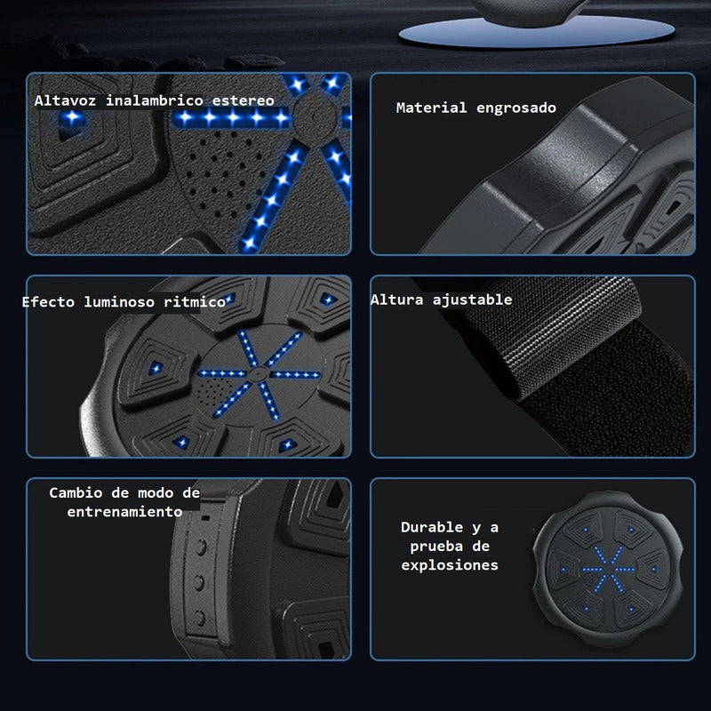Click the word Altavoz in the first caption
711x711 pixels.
click(x=65, y=100)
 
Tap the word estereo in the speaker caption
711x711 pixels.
click(x=243, y=100)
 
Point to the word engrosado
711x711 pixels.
click(x=516, y=108)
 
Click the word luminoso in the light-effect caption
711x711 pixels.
click(x=119, y=301)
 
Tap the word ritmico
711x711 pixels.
click(x=195, y=301)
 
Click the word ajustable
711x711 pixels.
click(x=472, y=300)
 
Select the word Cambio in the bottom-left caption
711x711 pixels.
click(x=76, y=492)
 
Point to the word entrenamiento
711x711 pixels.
click(x=124, y=512)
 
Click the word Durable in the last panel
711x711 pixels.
click(x=432, y=527)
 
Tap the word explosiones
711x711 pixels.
click(x=450, y=565)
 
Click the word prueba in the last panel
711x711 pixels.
click(x=436, y=546)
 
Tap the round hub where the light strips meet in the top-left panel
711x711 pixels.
click(x=315, y=116)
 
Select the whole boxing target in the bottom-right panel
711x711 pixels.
click(x=608, y=570)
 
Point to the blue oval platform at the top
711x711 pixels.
click(x=537, y=31)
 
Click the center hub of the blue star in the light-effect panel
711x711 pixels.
click(x=258, y=374)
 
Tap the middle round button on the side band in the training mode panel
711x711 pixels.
click(x=199, y=582)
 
